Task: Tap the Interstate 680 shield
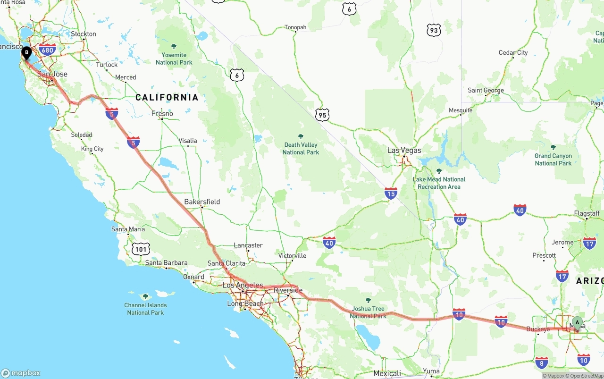click(x=48, y=50)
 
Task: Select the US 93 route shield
click(x=434, y=31)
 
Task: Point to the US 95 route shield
click(x=322, y=114)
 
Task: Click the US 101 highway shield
click(x=142, y=249)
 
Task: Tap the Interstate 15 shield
click(x=391, y=193)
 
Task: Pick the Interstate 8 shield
click(x=542, y=362)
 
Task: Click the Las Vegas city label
click(x=404, y=150)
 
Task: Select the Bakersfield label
click(x=202, y=202)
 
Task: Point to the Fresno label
click(x=162, y=113)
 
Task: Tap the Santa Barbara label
click(x=166, y=263)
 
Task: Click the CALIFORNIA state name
click(x=167, y=97)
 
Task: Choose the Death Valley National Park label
click(x=301, y=148)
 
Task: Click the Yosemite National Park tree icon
click(x=174, y=46)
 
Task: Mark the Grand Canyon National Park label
click(x=553, y=160)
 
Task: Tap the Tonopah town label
click(x=295, y=27)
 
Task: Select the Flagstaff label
click(x=587, y=213)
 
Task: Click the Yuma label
click(x=431, y=371)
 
